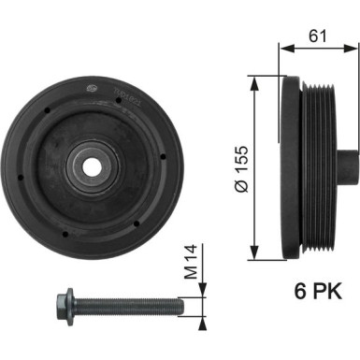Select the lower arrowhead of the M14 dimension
point(196,320)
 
